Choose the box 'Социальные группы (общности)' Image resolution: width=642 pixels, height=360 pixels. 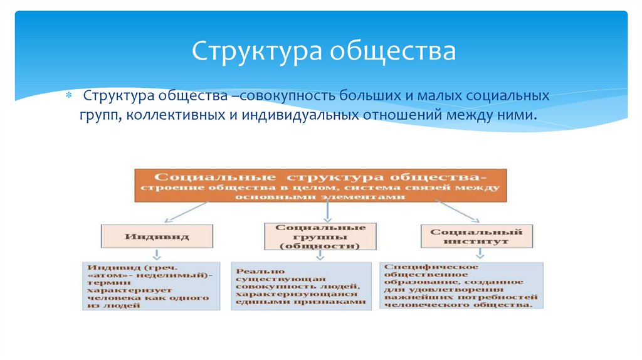[320, 236]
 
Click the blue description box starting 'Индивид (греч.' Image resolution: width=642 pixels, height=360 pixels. [151, 285]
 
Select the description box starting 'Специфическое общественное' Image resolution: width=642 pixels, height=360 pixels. [461, 285]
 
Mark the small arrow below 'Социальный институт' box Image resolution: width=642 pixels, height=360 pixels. [480, 254]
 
